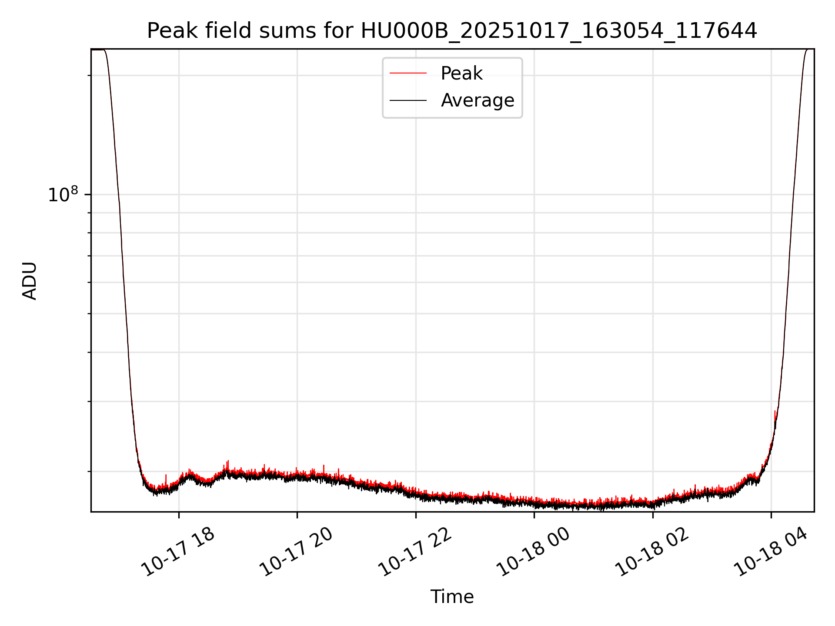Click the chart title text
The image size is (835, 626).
pos(452,31)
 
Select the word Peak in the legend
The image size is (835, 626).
pos(461,73)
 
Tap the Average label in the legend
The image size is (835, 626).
pos(477,100)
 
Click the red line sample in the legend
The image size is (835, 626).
pos(408,73)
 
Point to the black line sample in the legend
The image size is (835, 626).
pos(408,100)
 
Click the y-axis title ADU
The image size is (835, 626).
pos(30,281)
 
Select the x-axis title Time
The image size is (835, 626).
pos(452,597)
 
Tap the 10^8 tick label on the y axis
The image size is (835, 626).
pos(63,195)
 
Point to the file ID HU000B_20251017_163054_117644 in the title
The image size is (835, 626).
pos(559,31)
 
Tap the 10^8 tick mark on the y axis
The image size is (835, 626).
pos(89,194)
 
